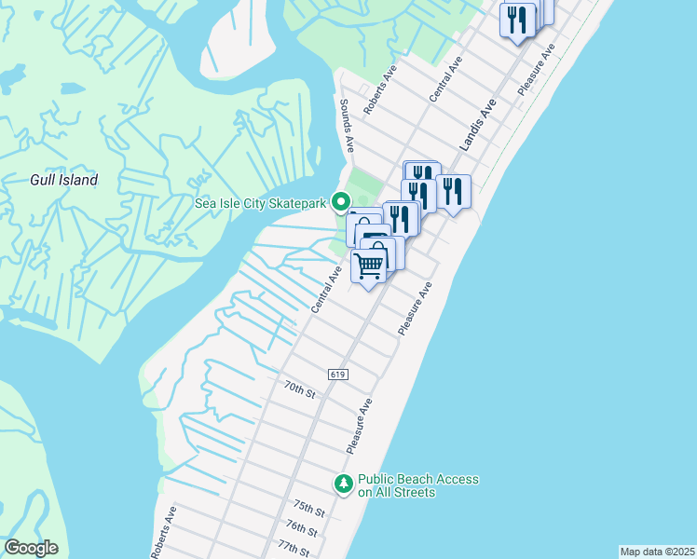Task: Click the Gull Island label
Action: point(63,180)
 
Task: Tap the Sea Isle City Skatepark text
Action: point(261,202)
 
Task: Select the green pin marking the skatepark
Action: point(341,200)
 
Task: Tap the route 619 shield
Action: point(338,374)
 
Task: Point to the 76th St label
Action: point(302,528)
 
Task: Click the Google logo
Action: point(31,548)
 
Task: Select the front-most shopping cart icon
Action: point(369,266)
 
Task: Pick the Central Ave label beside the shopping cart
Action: point(325,287)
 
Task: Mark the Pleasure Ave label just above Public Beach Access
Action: point(360,426)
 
